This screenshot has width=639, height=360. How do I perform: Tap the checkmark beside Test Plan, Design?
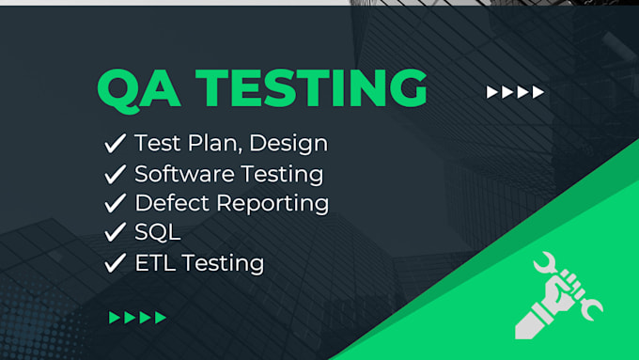tap(116, 144)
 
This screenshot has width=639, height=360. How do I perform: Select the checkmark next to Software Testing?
tap(116, 174)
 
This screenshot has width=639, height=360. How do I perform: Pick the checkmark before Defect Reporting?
tap(116, 203)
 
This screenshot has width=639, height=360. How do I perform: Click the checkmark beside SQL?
tap(116, 233)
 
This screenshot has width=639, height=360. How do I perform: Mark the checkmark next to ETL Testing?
tap(116, 262)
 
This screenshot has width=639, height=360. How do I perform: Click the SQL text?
tap(156, 233)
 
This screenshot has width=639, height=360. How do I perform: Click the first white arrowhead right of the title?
tap(491, 92)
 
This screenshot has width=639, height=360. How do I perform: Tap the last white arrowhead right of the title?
tap(538, 92)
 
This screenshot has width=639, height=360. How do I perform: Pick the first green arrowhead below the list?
tap(115, 318)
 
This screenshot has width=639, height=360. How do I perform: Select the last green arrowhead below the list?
tap(161, 318)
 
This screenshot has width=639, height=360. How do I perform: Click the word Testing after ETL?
tap(225, 264)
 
